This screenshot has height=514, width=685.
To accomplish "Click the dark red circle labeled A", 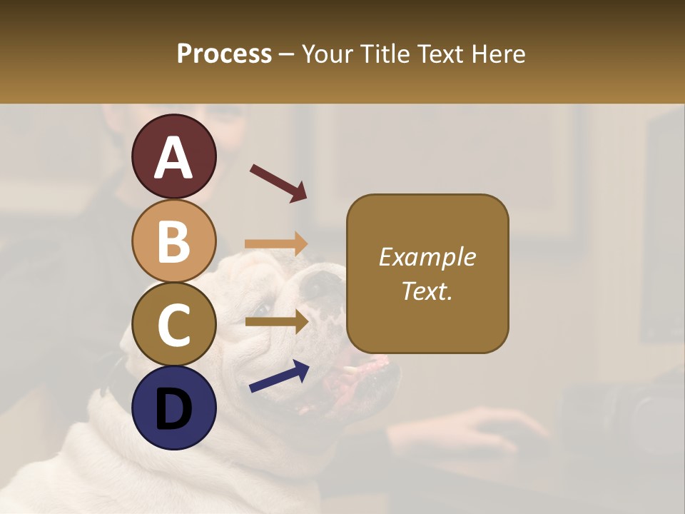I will pos(173,156).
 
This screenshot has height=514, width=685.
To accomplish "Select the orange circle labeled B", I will pos(173,241).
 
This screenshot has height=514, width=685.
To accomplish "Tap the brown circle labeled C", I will pos(173,324).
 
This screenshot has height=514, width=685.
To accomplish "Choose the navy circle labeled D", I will pos(173,408).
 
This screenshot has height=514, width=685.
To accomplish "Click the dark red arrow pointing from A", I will pos(278,183).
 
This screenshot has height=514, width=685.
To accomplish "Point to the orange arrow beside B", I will pos(275,244).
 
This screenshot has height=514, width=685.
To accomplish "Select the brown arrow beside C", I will pos(276,322).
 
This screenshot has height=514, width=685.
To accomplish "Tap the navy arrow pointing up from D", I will pos(279,376).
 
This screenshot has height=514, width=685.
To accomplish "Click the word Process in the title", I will pos(224,54).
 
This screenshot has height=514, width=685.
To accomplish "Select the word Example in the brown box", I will pos(427,257).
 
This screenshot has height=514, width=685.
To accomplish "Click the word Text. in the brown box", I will pos(427,291).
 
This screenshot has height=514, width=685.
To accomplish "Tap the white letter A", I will pos(173,158).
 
